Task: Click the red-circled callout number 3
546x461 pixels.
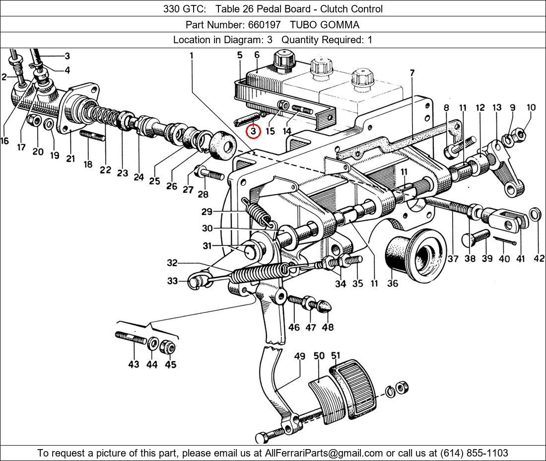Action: [253, 132]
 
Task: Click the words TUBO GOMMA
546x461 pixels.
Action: [325, 24]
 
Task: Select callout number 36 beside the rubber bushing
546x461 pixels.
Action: [393, 283]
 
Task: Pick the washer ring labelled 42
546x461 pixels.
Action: [536, 215]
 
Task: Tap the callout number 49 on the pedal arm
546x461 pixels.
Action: [299, 356]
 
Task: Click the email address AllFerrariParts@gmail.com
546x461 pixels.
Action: [324, 453]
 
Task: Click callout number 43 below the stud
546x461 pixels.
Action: [134, 364]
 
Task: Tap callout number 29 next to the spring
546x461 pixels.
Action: [207, 212]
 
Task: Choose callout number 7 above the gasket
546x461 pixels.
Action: [412, 73]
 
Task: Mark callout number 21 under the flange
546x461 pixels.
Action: [70, 158]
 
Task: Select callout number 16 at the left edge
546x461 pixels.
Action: [4, 141]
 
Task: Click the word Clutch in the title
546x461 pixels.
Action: [333, 8]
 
